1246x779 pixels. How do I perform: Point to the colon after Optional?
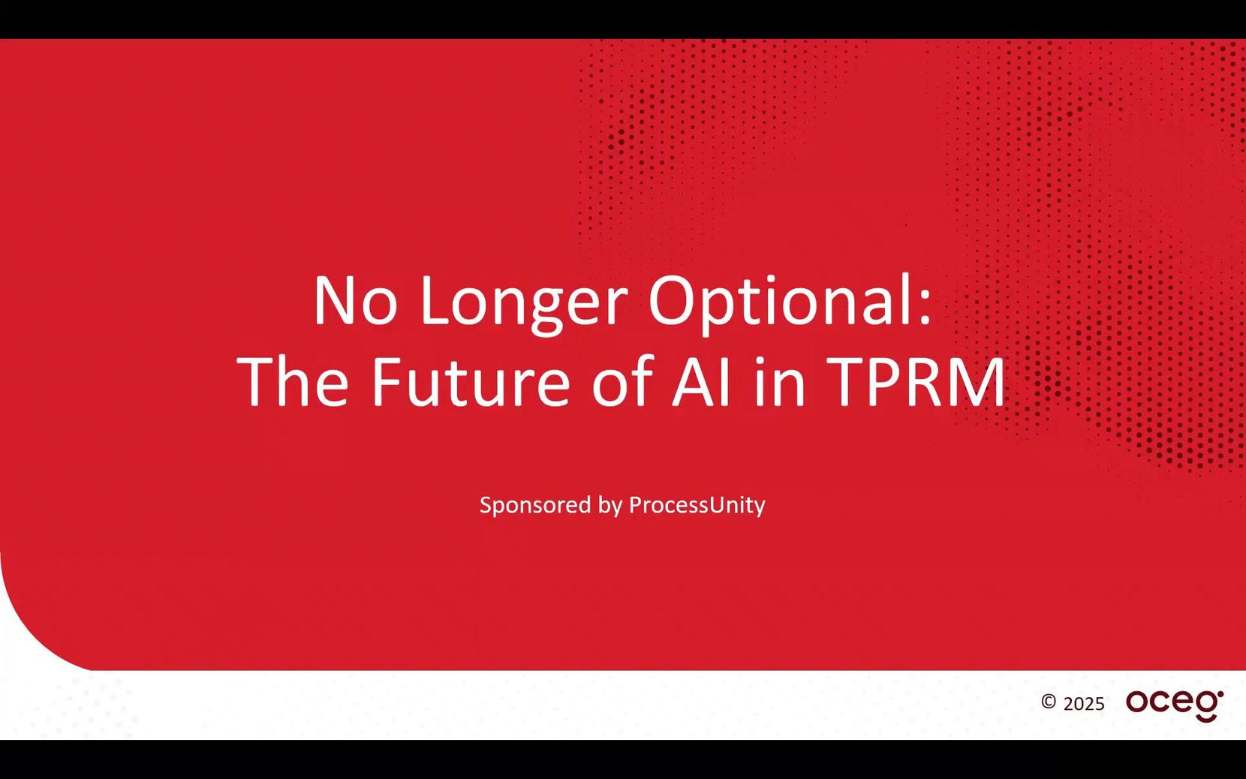tap(925, 308)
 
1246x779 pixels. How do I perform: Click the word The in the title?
tap(293, 381)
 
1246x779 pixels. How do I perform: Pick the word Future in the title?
tap(471, 382)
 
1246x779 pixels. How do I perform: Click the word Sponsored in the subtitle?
tap(535, 506)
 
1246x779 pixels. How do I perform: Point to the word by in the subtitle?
tap(610, 506)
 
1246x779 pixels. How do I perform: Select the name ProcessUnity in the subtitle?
tap(697, 506)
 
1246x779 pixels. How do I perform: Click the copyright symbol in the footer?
tap(1049, 702)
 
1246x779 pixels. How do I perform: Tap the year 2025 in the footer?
tap(1084, 704)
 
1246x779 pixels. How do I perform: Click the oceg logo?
tap(1175, 704)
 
